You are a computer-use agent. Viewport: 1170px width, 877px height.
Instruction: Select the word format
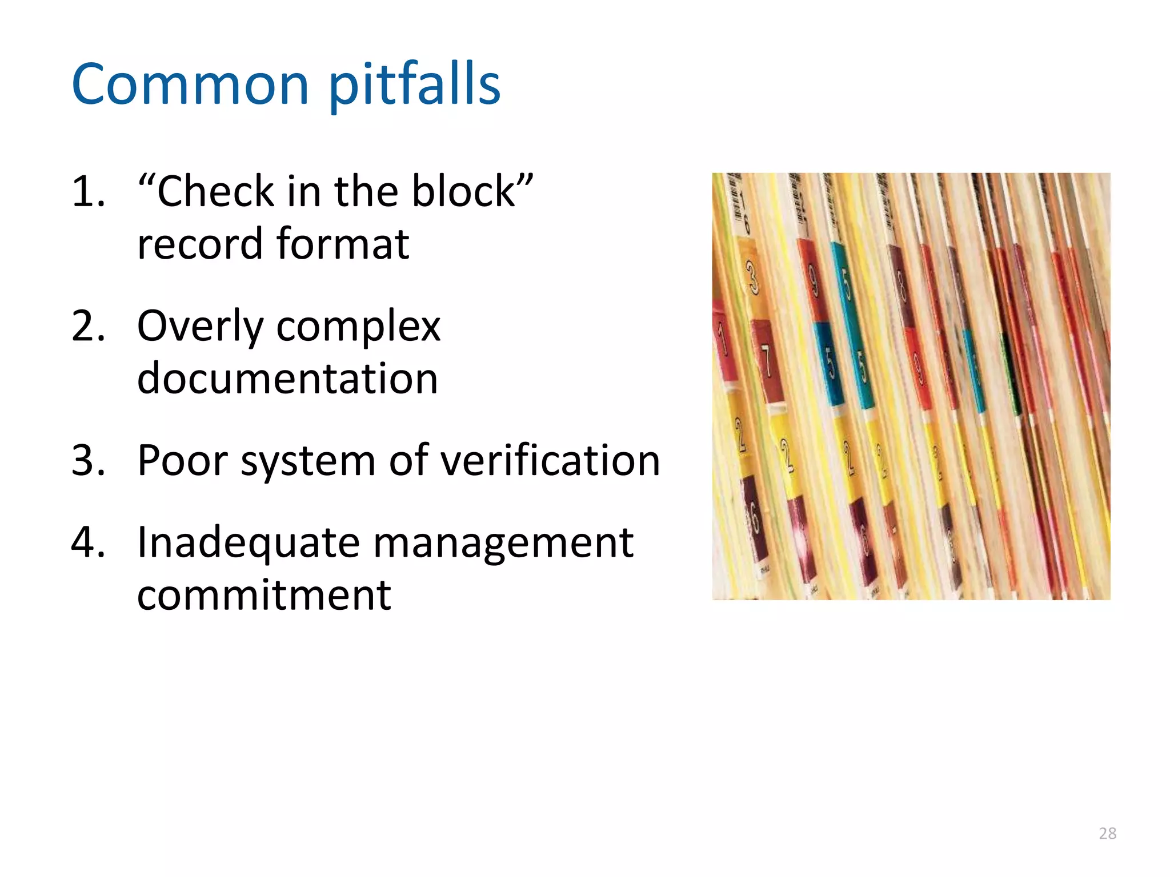(x=343, y=244)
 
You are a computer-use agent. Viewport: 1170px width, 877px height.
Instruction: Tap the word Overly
(x=200, y=327)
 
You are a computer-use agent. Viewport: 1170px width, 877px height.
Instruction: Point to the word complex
(x=358, y=327)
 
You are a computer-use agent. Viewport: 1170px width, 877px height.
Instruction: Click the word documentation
(x=287, y=379)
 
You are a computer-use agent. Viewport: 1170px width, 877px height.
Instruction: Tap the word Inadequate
(x=249, y=543)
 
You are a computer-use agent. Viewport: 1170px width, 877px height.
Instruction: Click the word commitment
(x=264, y=595)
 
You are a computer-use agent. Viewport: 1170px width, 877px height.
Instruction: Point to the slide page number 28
(x=1107, y=834)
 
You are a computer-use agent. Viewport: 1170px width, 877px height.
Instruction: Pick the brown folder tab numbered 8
(x=901, y=285)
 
